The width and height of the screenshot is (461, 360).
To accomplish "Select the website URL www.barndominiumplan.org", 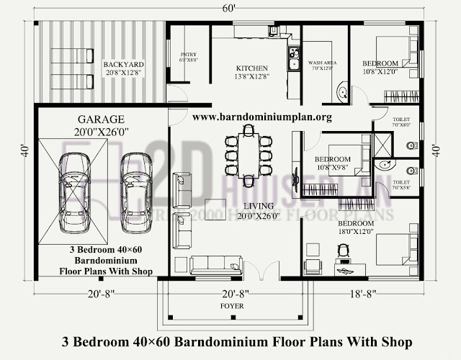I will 262,117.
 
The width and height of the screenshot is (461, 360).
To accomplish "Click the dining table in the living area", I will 249,155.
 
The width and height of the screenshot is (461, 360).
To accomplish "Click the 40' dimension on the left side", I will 25,152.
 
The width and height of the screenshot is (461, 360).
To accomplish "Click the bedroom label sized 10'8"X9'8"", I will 332,163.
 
